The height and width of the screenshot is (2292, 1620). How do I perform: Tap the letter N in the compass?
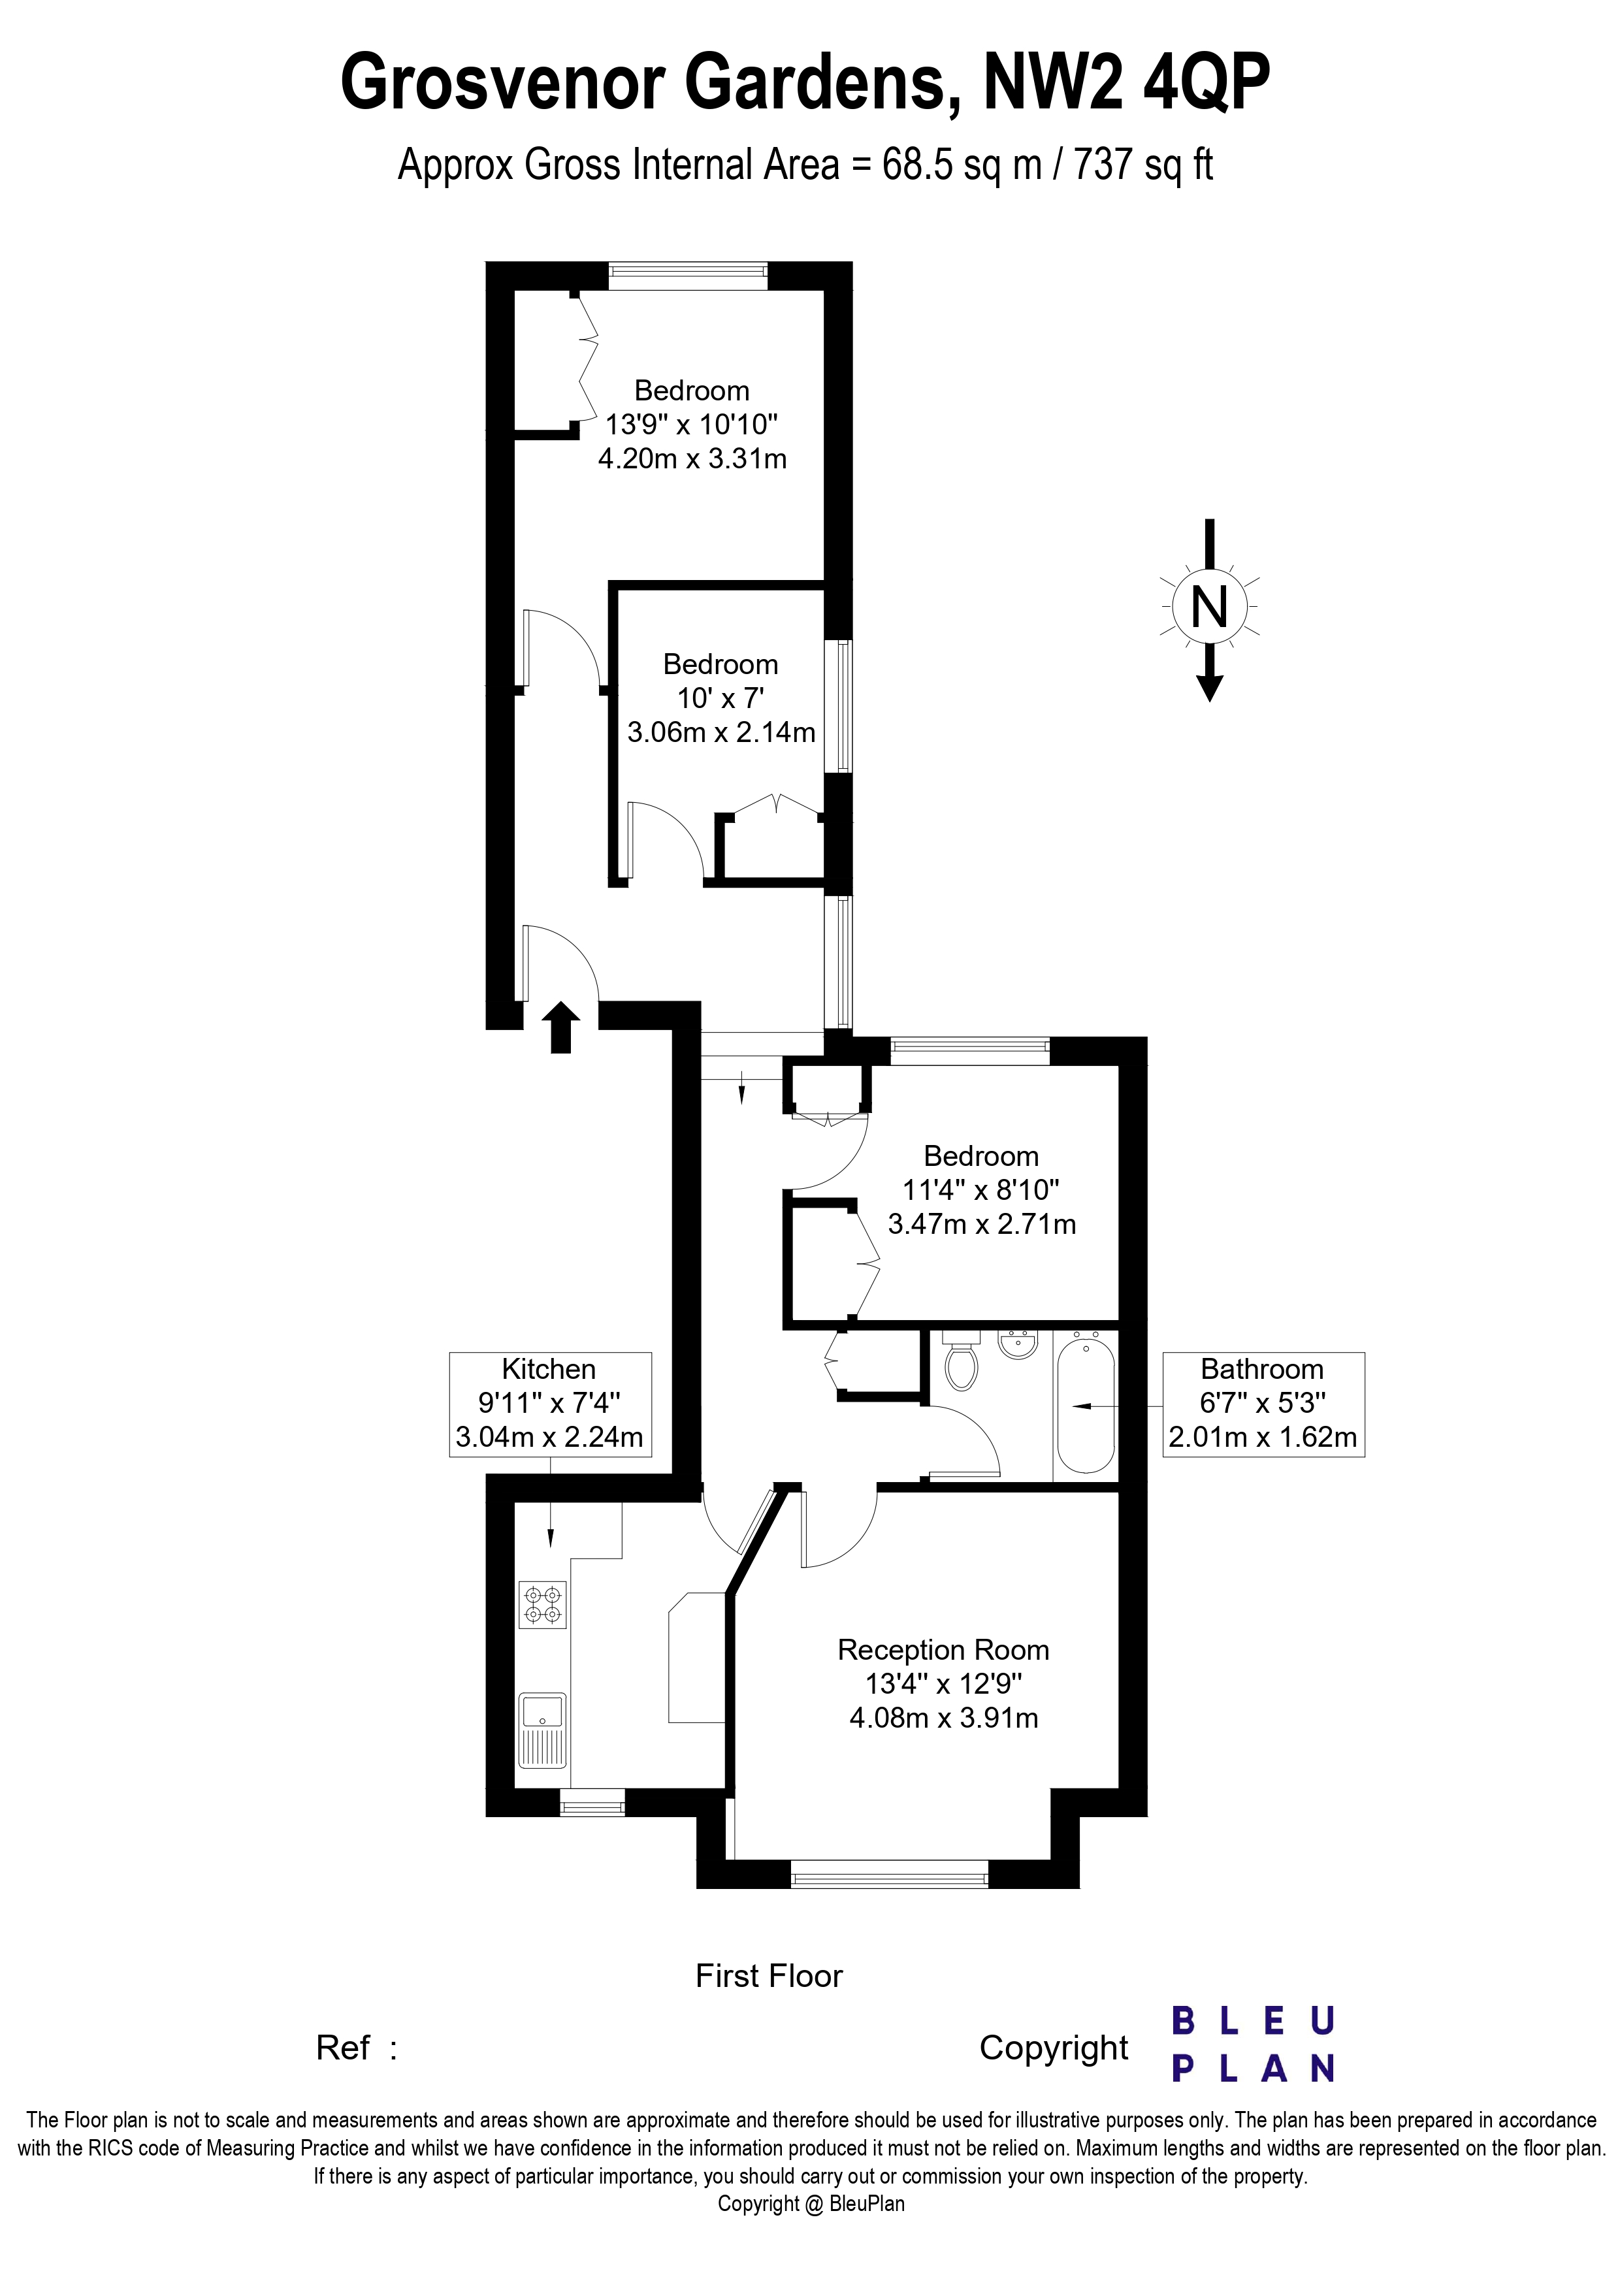tap(1210, 606)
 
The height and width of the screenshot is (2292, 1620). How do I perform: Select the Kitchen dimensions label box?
tap(550, 1404)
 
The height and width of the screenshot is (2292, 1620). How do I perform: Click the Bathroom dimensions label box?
tap(1263, 1404)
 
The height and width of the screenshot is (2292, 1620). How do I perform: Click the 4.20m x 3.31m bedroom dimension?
tap(692, 459)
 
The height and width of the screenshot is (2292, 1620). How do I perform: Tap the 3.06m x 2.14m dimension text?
tap(721, 733)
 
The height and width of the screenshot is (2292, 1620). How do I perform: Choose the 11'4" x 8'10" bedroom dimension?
tap(981, 1190)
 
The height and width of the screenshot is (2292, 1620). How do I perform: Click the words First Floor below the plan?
tap(769, 1976)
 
